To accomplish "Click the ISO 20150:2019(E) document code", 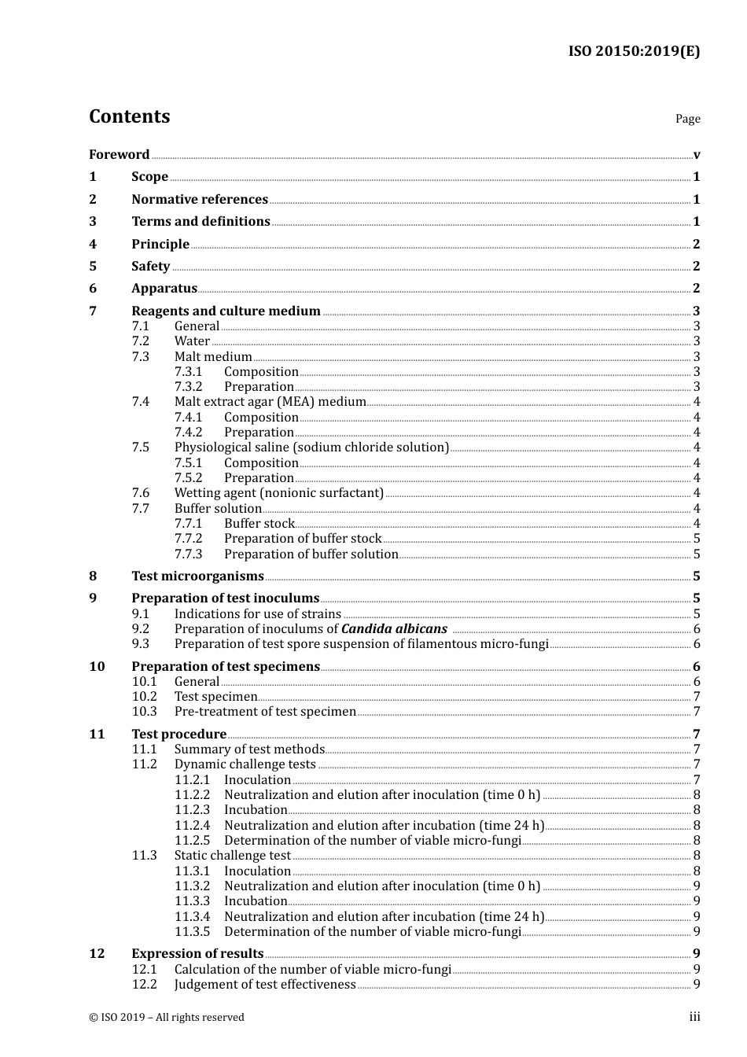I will [634, 52].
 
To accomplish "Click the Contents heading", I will [129, 116].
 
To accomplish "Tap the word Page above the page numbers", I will [687, 119].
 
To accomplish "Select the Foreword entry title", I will [119, 155].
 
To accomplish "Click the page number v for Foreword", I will [697, 155].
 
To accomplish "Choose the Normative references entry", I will [200, 200].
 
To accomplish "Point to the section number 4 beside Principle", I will [93, 245].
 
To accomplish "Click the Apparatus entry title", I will [164, 289].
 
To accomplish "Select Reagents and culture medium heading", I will [226, 311].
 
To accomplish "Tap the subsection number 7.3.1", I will [188, 372].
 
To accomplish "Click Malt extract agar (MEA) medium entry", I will [270, 402].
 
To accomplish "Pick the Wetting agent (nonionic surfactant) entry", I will [278, 493].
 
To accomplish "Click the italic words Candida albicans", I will [394, 629].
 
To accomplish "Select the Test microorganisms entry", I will [197, 576].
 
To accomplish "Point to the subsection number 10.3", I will [144, 712].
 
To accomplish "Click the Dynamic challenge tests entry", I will [245, 764].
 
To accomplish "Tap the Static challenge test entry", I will [232, 856].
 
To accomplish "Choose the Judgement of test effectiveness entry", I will [265, 985].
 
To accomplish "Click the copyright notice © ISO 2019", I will [167, 1018].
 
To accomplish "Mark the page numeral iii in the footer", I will [694, 1018].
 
